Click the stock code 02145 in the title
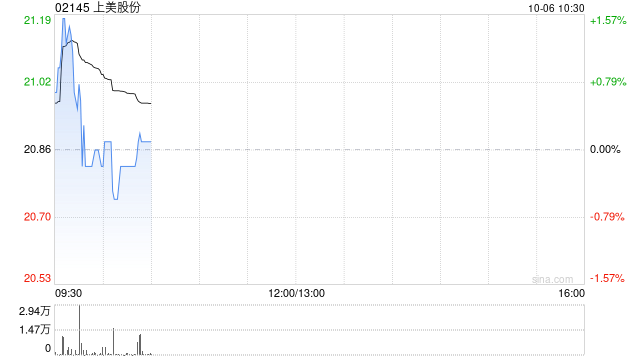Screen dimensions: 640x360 tap(72, 7)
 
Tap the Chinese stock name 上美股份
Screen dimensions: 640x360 tap(117, 7)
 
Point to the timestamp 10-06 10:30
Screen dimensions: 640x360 tap(556, 8)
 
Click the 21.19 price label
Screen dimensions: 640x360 tap(38, 20)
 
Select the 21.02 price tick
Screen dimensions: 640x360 tap(38, 82)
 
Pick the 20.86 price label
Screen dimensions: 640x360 tap(38, 149)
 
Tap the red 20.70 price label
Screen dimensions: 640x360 tap(38, 216)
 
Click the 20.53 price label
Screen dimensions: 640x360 tap(38, 278)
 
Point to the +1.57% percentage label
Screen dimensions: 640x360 tap(608, 20)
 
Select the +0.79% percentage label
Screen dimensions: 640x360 tap(608, 82)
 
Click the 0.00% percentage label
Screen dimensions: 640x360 tap(605, 149)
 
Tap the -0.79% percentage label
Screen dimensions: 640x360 tap(607, 216)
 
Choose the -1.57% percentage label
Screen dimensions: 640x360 tap(607, 278)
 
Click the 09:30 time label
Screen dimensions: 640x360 tap(69, 293)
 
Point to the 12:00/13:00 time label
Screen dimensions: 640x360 tap(296, 293)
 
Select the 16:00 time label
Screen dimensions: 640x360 tap(571, 293)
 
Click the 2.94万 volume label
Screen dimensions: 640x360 tap(35, 311)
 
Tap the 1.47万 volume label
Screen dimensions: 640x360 tap(35, 329)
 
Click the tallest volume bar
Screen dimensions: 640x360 tap(80, 330)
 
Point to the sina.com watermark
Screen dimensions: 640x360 tap(552, 279)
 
